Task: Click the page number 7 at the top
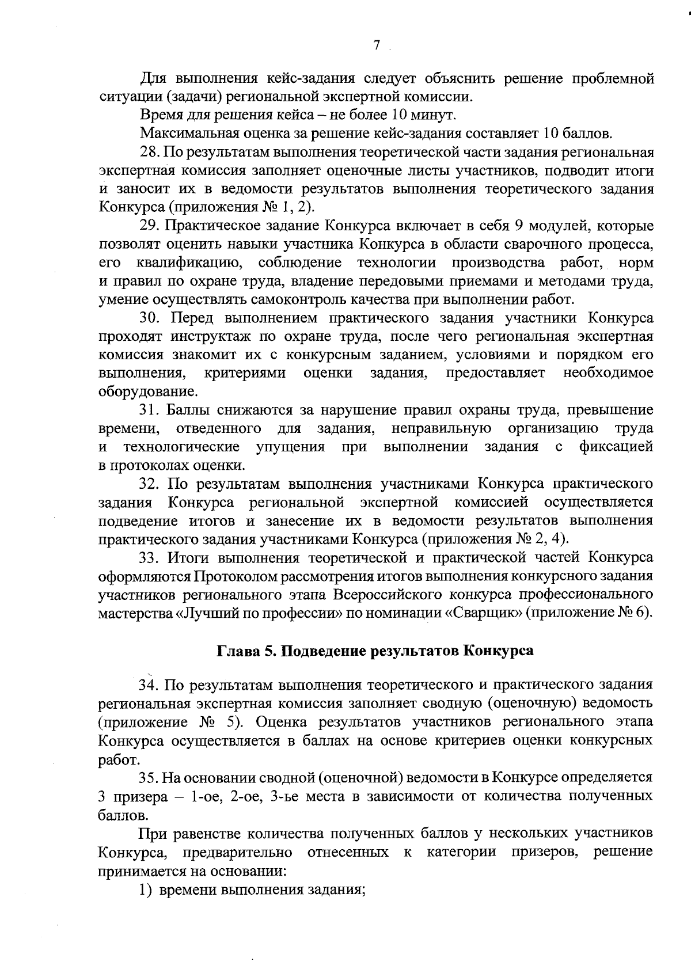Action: (x=376, y=45)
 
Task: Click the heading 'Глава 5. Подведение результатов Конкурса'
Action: (x=375, y=651)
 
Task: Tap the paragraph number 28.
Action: (x=149, y=153)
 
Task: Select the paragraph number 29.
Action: (x=149, y=226)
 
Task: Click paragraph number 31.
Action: (x=149, y=411)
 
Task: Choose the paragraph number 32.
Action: (x=149, y=484)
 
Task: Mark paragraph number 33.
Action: (x=149, y=558)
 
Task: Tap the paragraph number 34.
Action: (x=149, y=685)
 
